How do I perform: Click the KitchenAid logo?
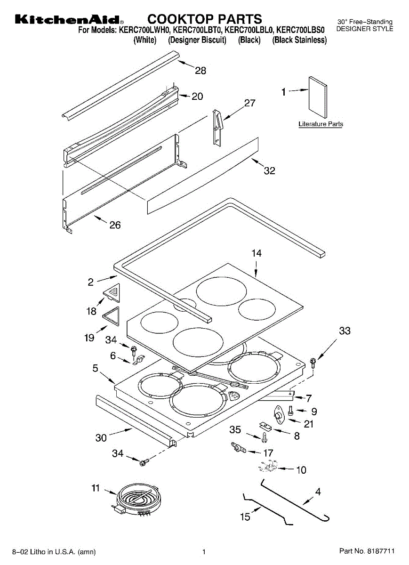(69, 20)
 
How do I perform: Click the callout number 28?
(200, 71)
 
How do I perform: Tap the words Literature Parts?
(321, 124)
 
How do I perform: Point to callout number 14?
(256, 253)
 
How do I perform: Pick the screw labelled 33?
(313, 362)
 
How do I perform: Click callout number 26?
(115, 225)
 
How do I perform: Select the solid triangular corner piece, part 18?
(113, 293)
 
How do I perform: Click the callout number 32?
(269, 171)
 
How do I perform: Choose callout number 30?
(101, 438)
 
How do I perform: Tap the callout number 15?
(245, 517)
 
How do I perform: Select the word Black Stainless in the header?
(299, 40)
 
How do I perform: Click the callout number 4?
(318, 492)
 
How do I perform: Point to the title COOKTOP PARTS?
(205, 19)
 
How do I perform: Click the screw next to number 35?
(265, 437)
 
